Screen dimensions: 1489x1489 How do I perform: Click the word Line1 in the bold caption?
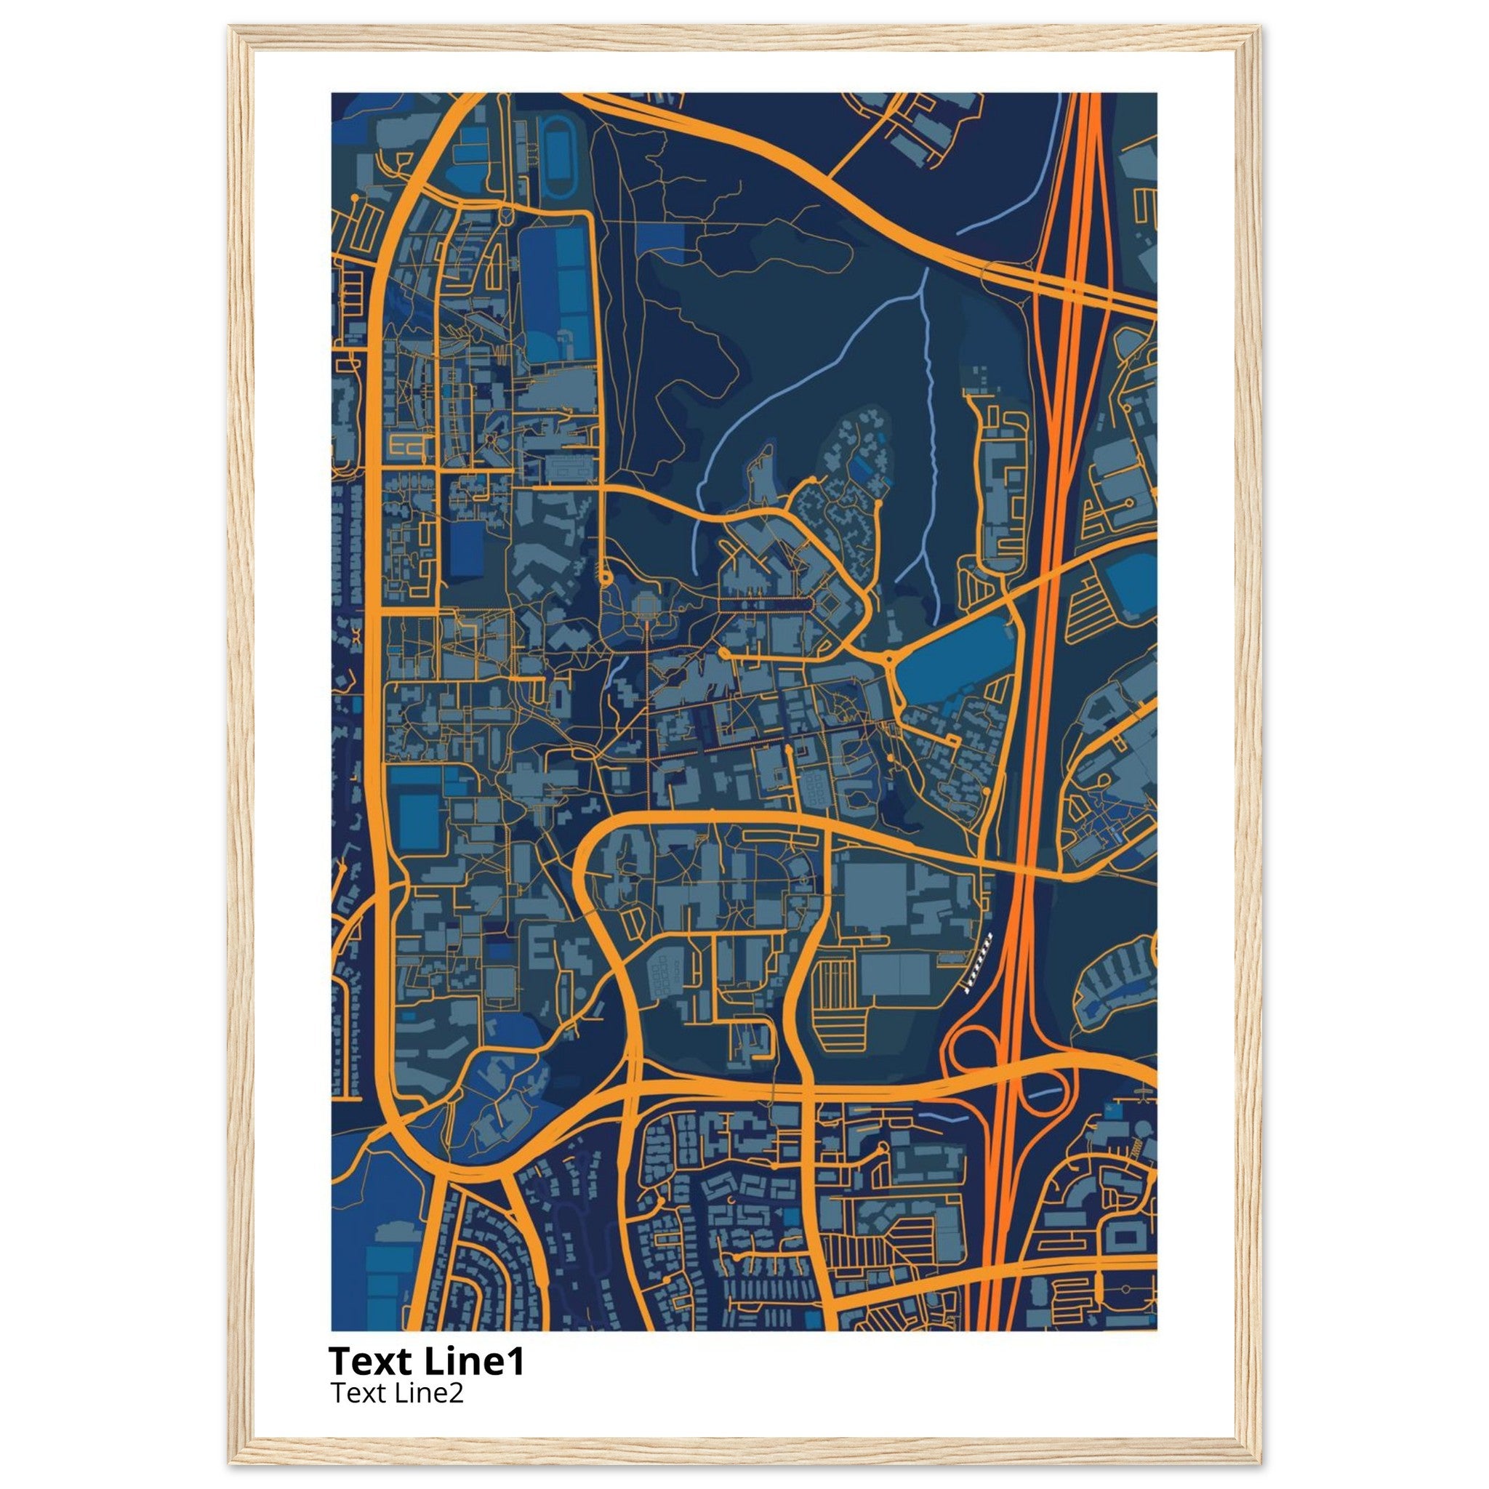pos(474,1362)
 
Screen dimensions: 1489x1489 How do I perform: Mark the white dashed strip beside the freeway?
pos(978,961)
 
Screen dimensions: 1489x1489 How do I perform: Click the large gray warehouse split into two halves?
pos(895,973)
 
